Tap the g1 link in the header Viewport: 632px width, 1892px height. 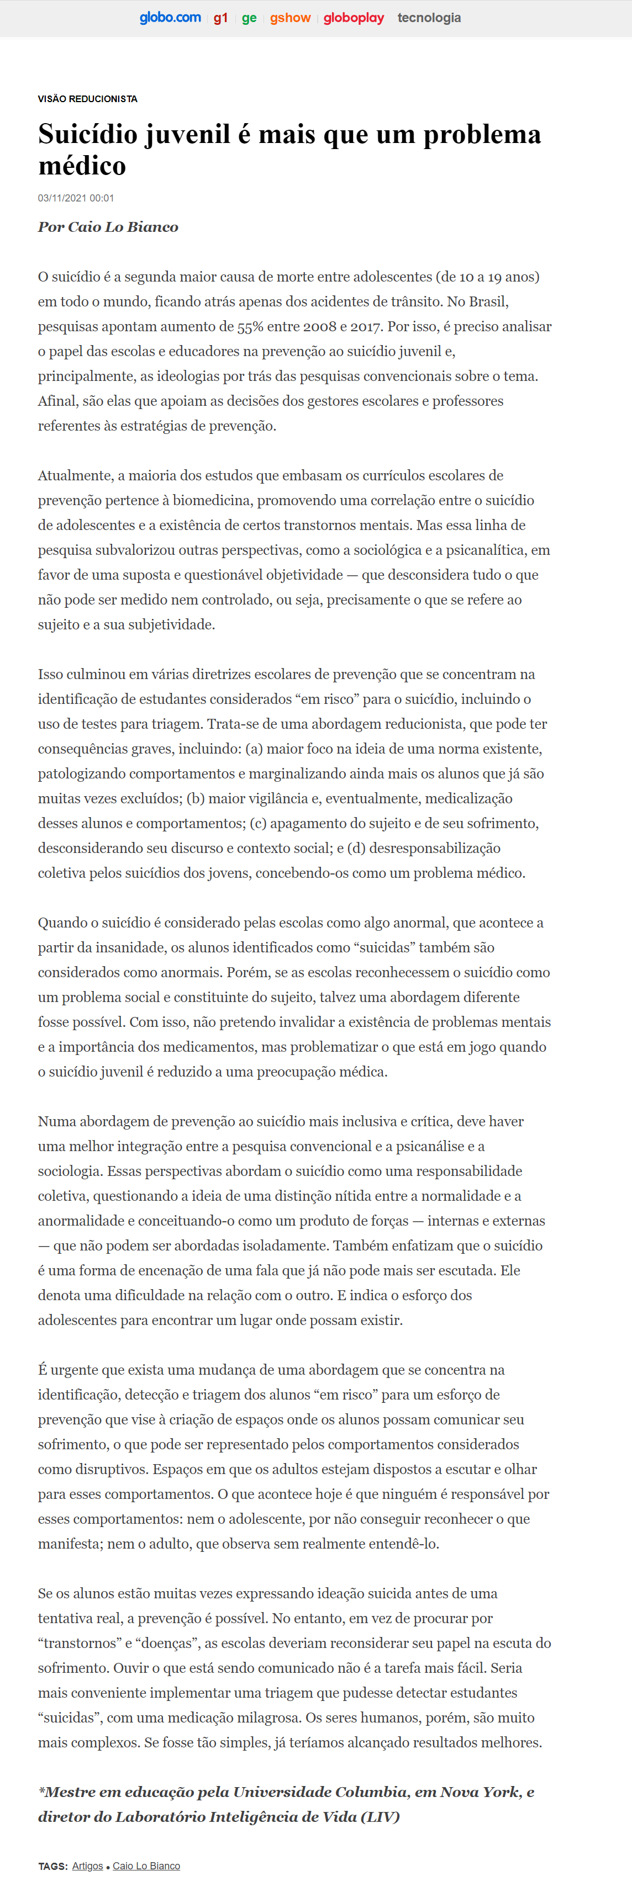(x=220, y=18)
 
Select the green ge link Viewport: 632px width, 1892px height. (x=249, y=18)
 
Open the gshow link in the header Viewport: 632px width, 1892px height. (x=290, y=18)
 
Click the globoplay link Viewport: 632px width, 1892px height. (x=354, y=18)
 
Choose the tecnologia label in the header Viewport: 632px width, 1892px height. (x=429, y=18)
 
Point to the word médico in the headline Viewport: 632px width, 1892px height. (x=82, y=166)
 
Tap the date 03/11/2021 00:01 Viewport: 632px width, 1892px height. (x=76, y=198)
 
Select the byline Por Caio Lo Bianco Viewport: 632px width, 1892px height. (x=108, y=227)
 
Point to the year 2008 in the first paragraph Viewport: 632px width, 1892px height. (x=319, y=327)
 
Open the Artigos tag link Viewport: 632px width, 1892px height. (x=87, y=1866)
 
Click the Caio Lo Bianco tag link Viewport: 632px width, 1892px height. (x=146, y=1866)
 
